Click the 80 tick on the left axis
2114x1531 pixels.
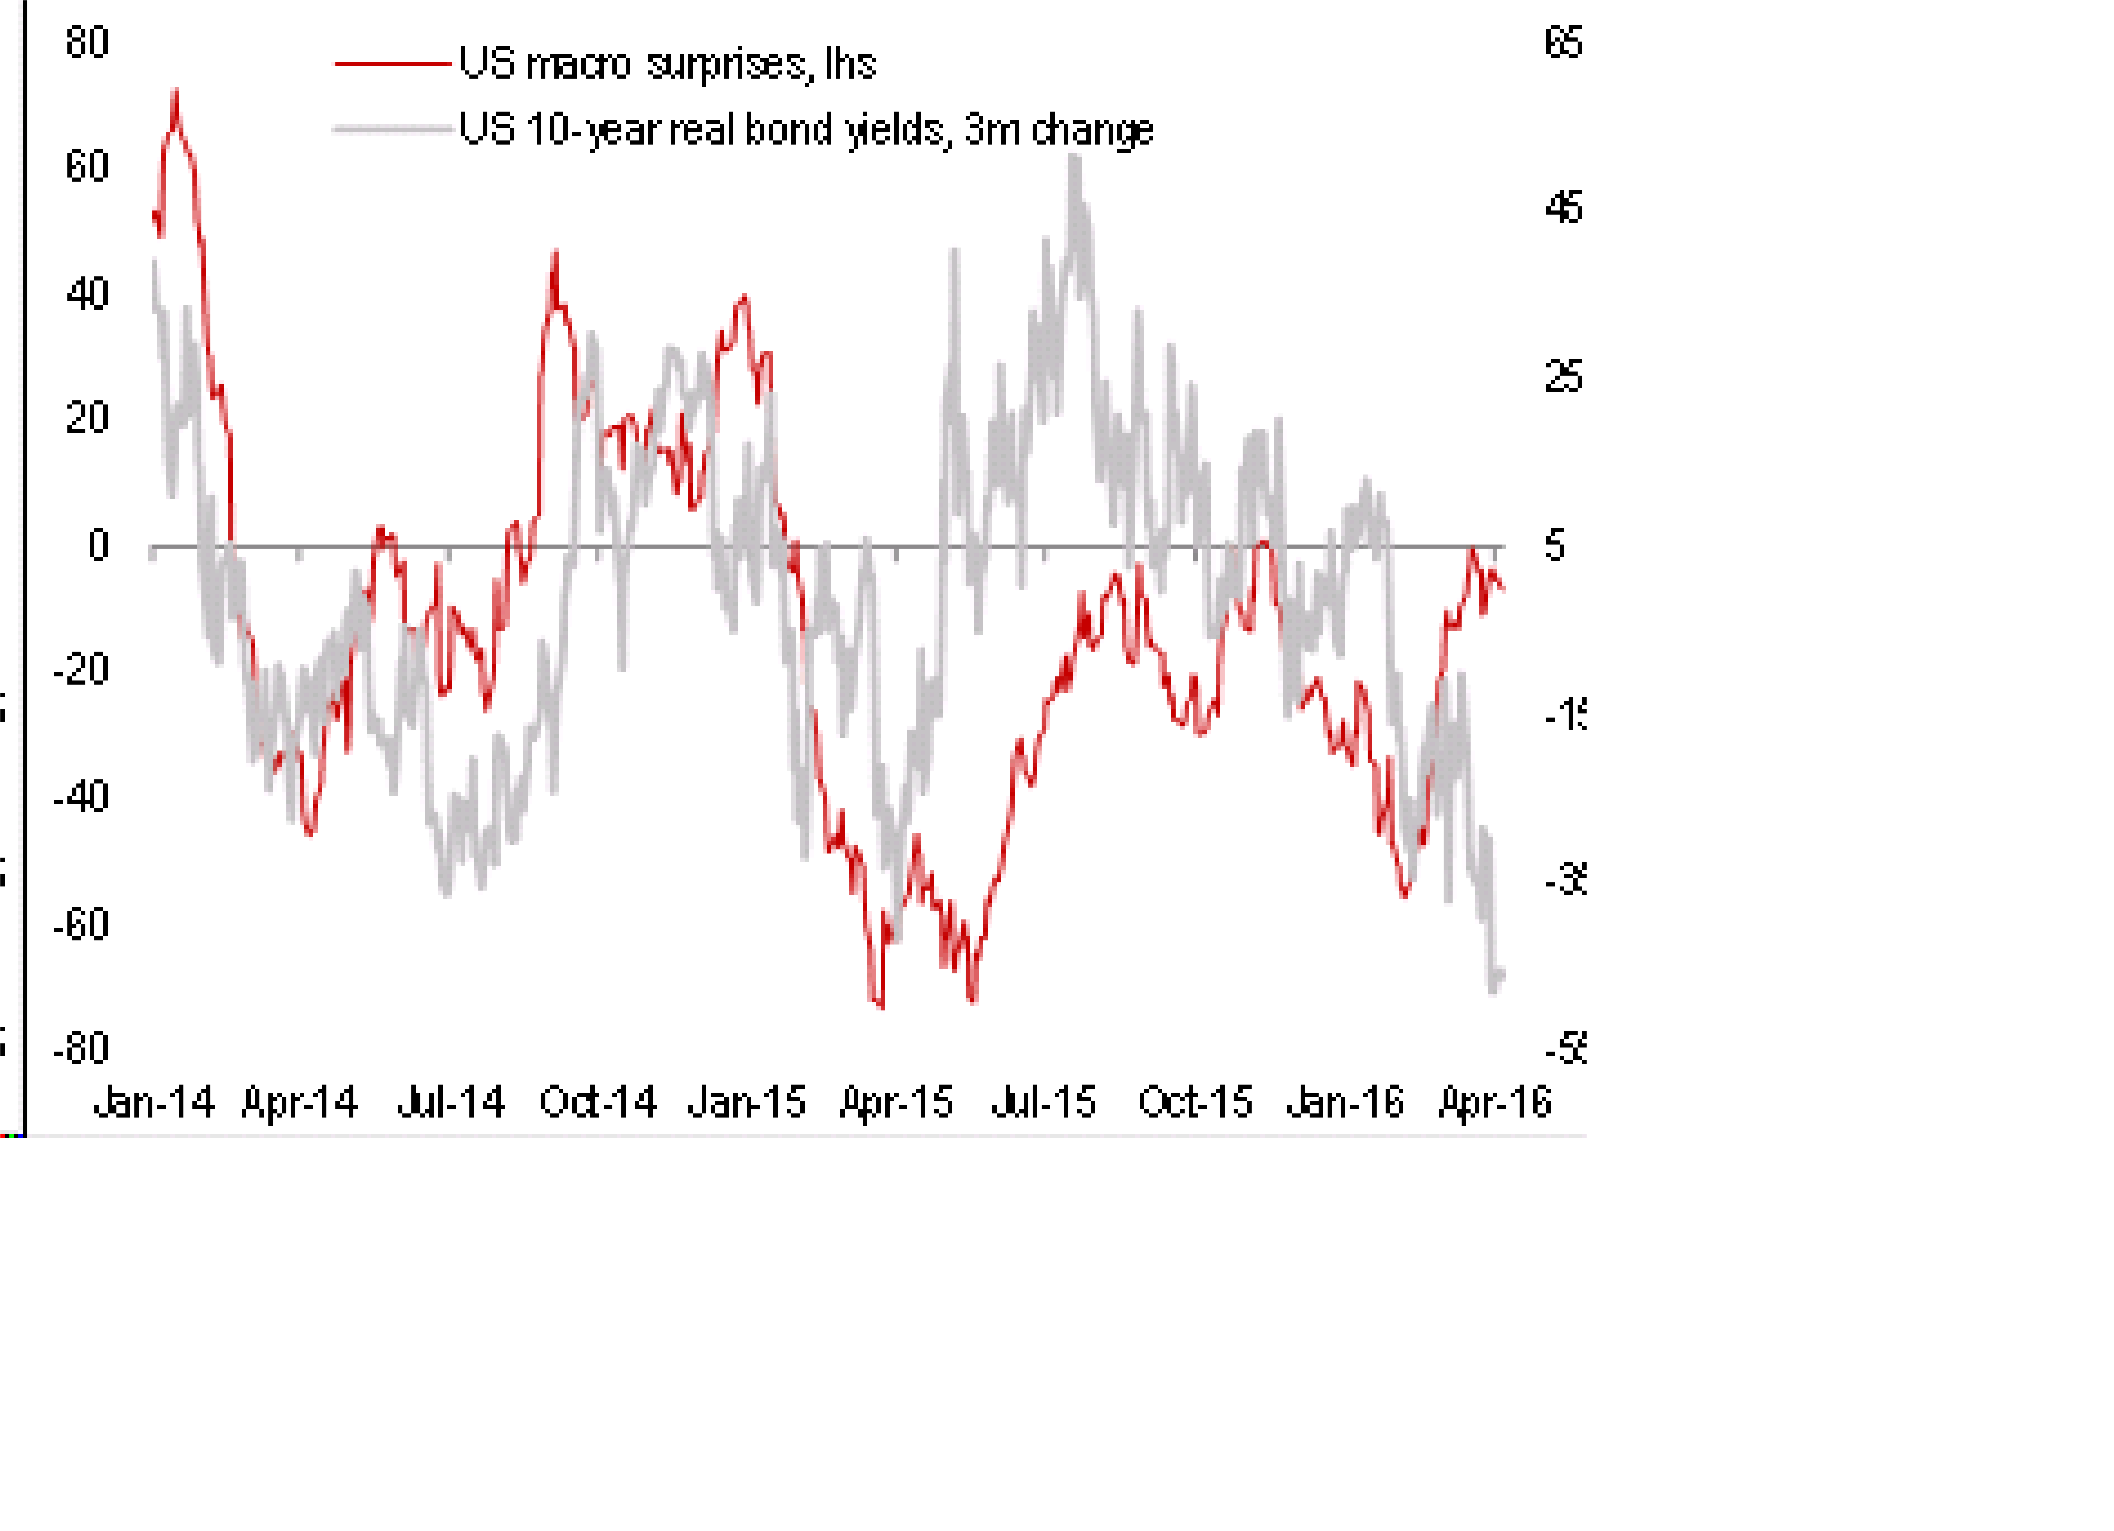click(x=87, y=43)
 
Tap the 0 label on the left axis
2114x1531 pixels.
click(x=98, y=545)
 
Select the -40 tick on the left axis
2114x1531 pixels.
click(x=81, y=797)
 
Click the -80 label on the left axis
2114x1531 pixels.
click(x=81, y=1049)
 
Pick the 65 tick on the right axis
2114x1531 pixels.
click(x=1563, y=43)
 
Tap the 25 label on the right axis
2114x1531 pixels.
click(x=1563, y=378)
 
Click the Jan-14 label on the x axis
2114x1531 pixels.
click(x=154, y=1103)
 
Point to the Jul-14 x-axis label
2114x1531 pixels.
click(x=451, y=1103)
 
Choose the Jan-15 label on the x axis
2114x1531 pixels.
click(x=747, y=1103)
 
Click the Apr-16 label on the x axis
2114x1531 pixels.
click(x=1495, y=1103)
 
